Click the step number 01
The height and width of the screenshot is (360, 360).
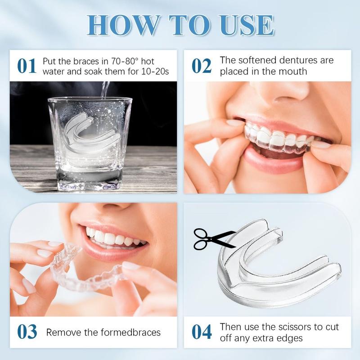point(27,66)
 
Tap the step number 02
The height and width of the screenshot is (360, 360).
point(201,66)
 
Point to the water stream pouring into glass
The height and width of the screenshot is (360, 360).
point(105,90)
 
